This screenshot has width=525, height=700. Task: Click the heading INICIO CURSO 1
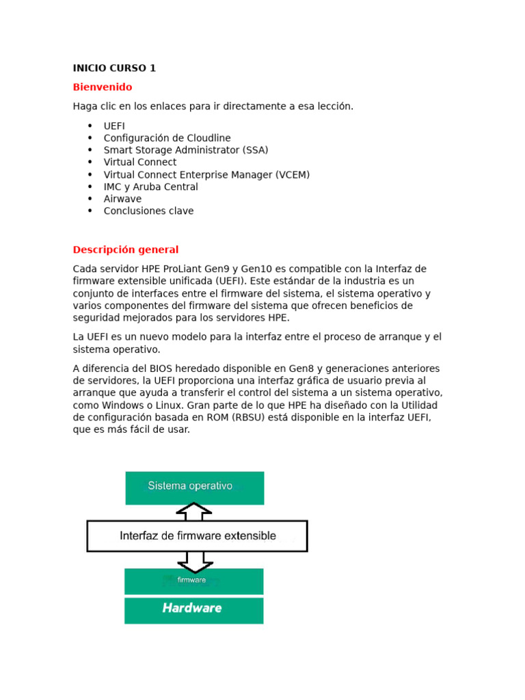click(x=114, y=68)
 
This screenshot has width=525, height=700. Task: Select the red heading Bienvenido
click(x=103, y=87)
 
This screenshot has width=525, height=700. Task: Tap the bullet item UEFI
click(x=114, y=126)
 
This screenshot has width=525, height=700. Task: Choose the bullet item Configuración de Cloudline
click(x=167, y=138)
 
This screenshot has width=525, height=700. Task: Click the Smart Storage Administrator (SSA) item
click(x=185, y=150)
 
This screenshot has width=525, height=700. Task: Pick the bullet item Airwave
click(x=122, y=199)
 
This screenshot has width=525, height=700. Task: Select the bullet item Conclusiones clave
click(x=148, y=211)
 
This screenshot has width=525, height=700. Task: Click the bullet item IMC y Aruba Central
click(x=150, y=187)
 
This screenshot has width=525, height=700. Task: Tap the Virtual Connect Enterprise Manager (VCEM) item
click(x=206, y=174)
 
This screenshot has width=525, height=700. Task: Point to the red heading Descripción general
click(x=126, y=250)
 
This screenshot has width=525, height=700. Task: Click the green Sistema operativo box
click(x=194, y=487)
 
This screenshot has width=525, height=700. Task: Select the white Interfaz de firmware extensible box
click(x=197, y=536)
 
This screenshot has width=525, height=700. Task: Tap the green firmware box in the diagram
click(x=193, y=581)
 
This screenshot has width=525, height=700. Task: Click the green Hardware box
click(x=193, y=610)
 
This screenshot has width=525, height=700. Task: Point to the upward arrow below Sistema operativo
click(x=194, y=511)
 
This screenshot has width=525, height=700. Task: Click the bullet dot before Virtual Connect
click(x=90, y=163)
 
